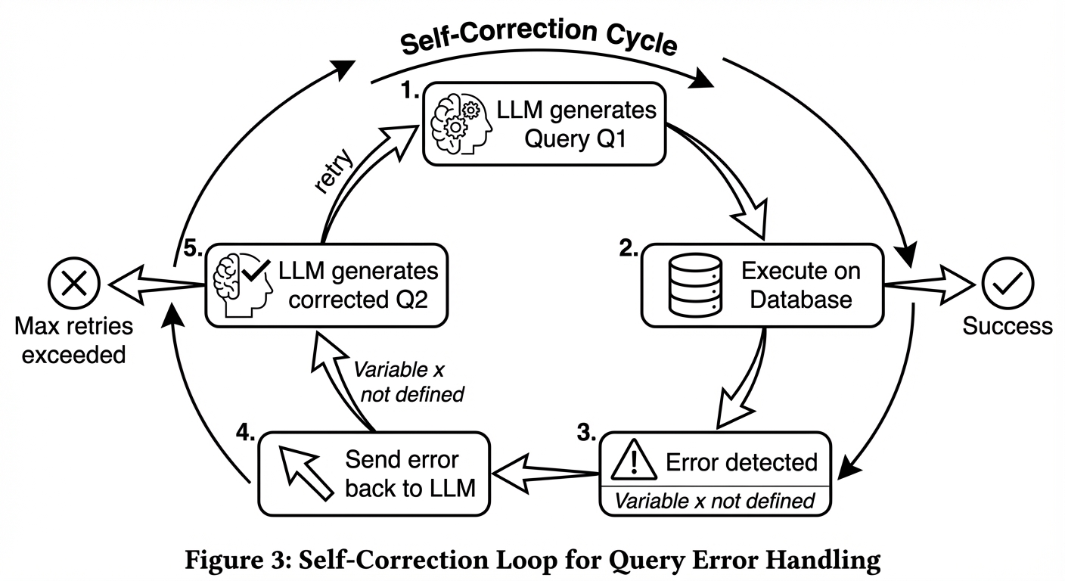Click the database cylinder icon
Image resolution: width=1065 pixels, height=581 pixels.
coord(692,286)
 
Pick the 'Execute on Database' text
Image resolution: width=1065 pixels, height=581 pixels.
coord(800,285)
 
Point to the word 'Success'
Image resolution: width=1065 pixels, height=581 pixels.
coord(1007,326)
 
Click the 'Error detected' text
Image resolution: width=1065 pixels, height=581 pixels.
coord(741,461)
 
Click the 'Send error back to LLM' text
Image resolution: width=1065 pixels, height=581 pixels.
coord(410,474)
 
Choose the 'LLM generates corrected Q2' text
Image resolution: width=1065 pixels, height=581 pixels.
coord(357,285)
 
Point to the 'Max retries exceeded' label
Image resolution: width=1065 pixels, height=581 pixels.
coord(73,340)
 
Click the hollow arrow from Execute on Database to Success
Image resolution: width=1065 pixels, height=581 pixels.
coord(929,286)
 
